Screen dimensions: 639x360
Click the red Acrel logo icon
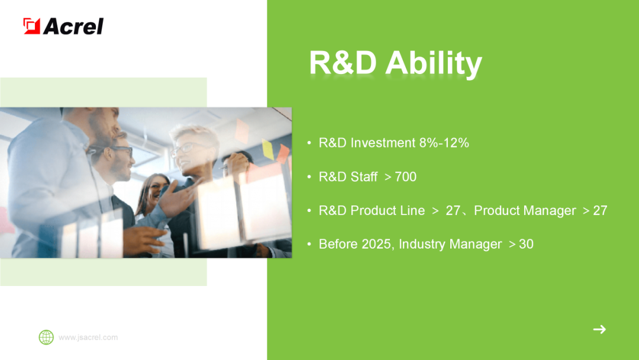tap(31, 26)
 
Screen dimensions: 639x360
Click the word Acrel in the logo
tap(73, 27)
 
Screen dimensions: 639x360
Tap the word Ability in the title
tap(434, 63)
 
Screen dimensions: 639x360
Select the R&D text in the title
tap(343, 62)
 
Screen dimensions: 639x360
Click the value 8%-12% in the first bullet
tap(444, 143)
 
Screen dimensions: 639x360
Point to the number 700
tap(405, 176)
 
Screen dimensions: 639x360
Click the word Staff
tap(364, 176)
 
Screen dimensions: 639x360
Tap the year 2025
tap(376, 244)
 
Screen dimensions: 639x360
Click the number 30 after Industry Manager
tap(526, 244)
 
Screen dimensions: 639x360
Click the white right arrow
tap(599, 329)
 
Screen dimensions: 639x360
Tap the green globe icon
tap(46, 337)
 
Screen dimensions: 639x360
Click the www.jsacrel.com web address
tap(88, 337)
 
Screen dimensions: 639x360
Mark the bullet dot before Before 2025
tap(309, 244)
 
